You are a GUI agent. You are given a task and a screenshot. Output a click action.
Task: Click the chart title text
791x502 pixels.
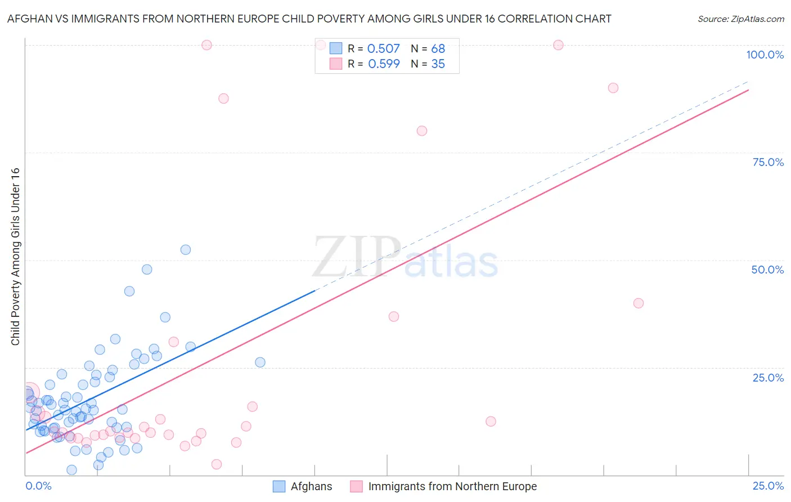click(x=309, y=19)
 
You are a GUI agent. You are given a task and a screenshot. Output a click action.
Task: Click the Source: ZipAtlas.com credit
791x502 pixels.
click(x=740, y=19)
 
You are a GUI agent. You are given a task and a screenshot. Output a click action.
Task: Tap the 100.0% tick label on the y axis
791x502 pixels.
click(x=765, y=55)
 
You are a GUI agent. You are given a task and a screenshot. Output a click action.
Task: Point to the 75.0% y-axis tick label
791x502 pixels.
click(x=768, y=162)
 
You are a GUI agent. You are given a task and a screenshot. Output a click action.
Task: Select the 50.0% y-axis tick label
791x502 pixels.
click(x=767, y=270)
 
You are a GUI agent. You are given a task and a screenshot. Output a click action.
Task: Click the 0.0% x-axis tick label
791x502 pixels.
click(x=38, y=486)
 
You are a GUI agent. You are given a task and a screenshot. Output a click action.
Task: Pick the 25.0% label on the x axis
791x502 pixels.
click(x=768, y=486)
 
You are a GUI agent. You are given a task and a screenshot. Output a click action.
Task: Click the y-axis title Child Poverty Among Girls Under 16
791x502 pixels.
click(x=15, y=257)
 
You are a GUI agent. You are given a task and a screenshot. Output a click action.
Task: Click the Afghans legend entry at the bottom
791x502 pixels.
click(x=311, y=486)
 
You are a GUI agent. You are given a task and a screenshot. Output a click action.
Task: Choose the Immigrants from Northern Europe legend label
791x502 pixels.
click(x=452, y=486)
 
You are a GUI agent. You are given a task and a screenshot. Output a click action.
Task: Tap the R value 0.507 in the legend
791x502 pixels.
click(x=383, y=48)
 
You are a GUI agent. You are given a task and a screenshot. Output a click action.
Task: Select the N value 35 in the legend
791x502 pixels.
click(x=438, y=64)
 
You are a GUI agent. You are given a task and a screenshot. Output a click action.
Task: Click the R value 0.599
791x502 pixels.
click(x=384, y=64)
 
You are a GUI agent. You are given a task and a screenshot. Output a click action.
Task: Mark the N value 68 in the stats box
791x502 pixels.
click(x=438, y=48)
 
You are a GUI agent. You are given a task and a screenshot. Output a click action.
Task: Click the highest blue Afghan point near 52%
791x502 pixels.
click(x=186, y=250)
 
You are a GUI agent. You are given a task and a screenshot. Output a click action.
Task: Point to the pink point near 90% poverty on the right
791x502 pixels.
click(x=613, y=88)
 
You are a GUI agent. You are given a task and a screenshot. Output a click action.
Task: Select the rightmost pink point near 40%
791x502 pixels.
click(x=638, y=303)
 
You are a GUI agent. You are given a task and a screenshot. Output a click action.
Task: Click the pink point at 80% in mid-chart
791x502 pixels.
click(x=422, y=131)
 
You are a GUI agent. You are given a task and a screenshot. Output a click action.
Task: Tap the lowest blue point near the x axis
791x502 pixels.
click(x=71, y=470)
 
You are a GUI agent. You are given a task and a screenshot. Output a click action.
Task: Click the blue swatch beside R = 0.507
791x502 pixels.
click(x=335, y=48)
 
